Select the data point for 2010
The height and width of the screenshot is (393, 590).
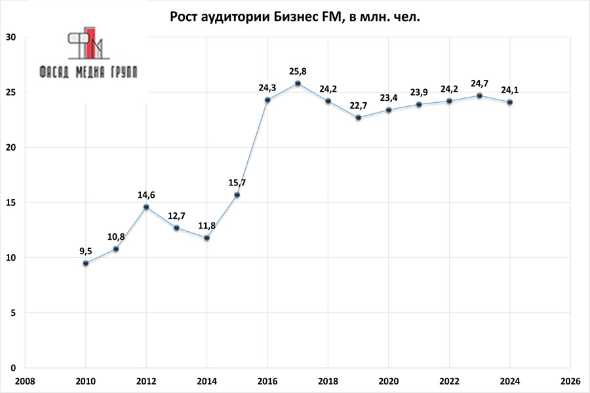[x=85, y=263]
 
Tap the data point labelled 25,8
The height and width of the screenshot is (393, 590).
[x=298, y=83]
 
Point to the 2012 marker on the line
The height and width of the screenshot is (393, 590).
[x=146, y=207]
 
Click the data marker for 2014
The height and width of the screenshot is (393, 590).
[x=206, y=238]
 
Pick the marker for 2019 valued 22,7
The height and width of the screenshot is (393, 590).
[x=358, y=117]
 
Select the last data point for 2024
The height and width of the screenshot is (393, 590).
[x=509, y=102]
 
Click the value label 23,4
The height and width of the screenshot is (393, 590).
[x=389, y=98]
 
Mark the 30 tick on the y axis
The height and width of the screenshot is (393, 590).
[x=11, y=37]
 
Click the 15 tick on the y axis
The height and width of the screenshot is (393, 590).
[x=11, y=202]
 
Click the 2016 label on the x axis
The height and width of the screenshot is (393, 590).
[x=267, y=381]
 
